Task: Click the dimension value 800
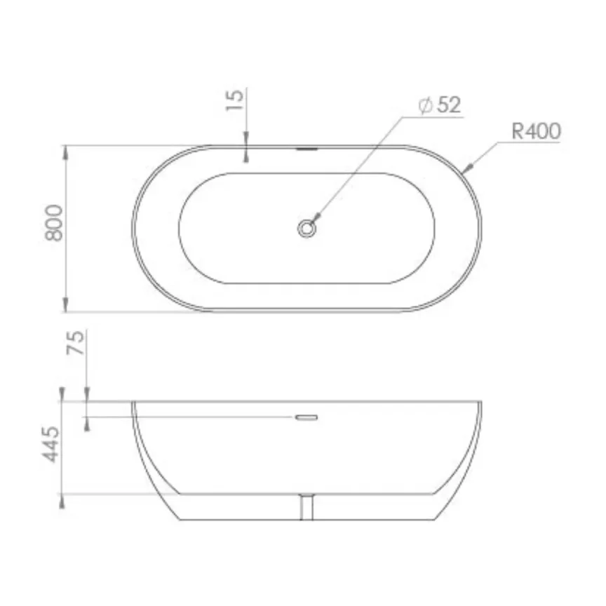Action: [x=54, y=223]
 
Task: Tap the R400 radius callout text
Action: [x=536, y=131]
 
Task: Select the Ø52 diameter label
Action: [x=439, y=106]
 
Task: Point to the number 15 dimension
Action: [x=236, y=100]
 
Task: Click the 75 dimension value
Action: [x=77, y=343]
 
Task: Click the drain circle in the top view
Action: [x=307, y=228]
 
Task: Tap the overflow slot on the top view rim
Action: [x=307, y=148]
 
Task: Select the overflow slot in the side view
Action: [x=307, y=417]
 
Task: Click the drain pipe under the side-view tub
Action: [x=307, y=507]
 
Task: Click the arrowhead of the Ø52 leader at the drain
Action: [x=315, y=219]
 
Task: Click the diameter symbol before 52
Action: [x=424, y=106]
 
